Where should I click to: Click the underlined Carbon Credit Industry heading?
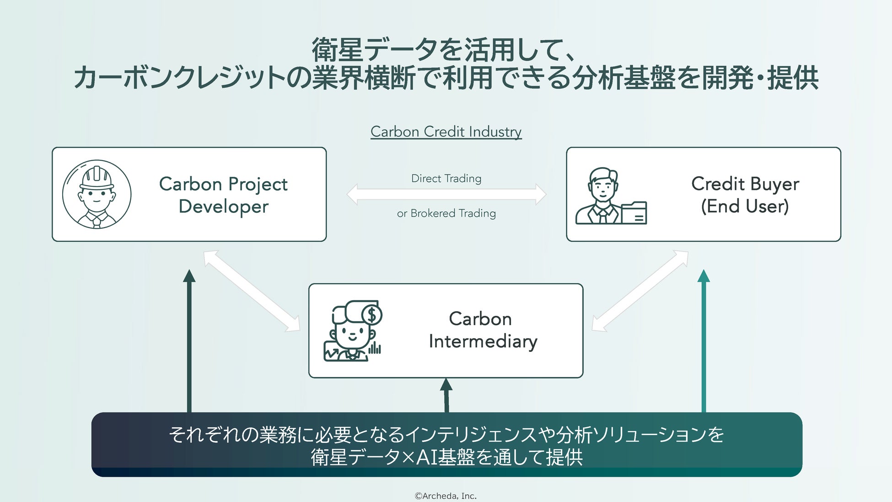(x=446, y=132)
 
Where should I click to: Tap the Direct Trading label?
(x=446, y=178)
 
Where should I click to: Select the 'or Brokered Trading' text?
(x=446, y=213)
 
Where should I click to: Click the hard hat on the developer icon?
(x=97, y=178)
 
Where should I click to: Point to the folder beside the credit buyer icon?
(x=634, y=213)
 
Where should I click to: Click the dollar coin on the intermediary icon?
(x=372, y=315)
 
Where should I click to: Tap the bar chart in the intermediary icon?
(x=375, y=348)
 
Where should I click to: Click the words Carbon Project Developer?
(x=223, y=195)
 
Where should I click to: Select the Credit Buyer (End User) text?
(x=745, y=195)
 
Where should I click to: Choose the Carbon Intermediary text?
(x=483, y=330)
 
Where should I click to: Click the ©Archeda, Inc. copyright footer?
(x=446, y=496)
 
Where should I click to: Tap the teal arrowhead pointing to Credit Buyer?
(x=704, y=276)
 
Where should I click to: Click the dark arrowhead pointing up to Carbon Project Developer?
(x=189, y=276)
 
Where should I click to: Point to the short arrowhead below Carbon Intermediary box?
(x=446, y=385)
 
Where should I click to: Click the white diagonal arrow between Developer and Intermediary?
(x=252, y=291)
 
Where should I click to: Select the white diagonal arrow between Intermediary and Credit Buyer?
(x=640, y=291)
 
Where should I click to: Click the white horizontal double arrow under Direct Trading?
(x=446, y=194)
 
